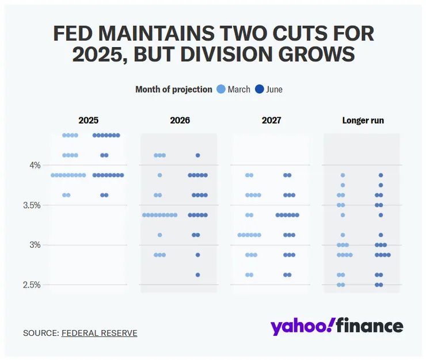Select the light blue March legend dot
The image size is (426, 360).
tap(220, 89)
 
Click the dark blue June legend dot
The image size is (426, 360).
tap(259, 89)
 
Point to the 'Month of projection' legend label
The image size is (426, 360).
tap(173, 89)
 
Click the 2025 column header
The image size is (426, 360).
tap(88, 121)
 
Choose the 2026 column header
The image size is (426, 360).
tap(180, 121)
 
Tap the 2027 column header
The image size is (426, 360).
tap(271, 121)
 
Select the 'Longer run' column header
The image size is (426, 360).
tap(363, 121)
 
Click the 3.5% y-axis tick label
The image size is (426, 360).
tap(32, 205)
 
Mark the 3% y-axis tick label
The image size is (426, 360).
tap(36, 245)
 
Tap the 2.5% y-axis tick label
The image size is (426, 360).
tap(32, 285)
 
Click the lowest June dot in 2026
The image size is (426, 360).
tap(197, 275)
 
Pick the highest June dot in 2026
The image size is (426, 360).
tap(197, 155)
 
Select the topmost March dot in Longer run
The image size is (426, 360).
tap(343, 175)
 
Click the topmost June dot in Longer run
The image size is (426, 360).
tap(381, 175)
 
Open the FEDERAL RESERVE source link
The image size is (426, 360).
tap(99, 333)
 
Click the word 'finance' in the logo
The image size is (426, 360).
tap(370, 327)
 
